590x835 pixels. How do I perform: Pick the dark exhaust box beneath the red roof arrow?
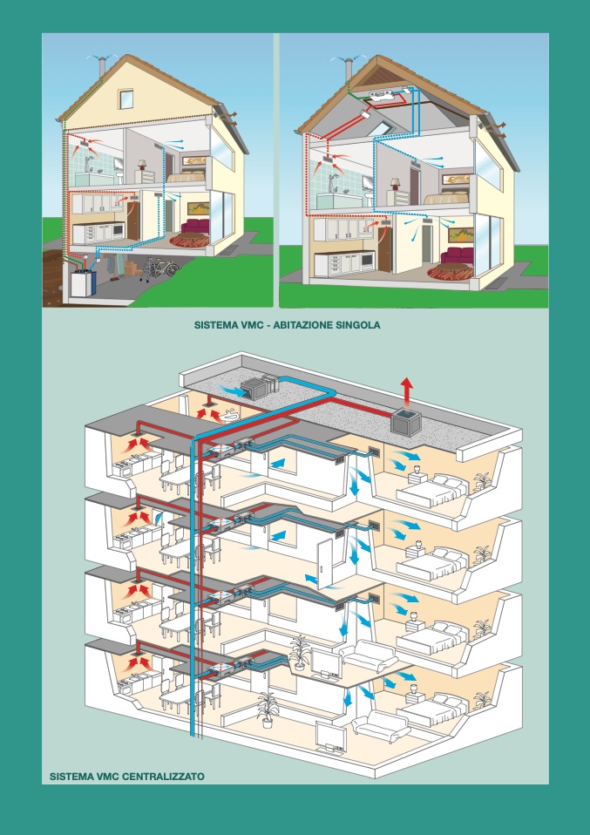pyautogui.click(x=406, y=422)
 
